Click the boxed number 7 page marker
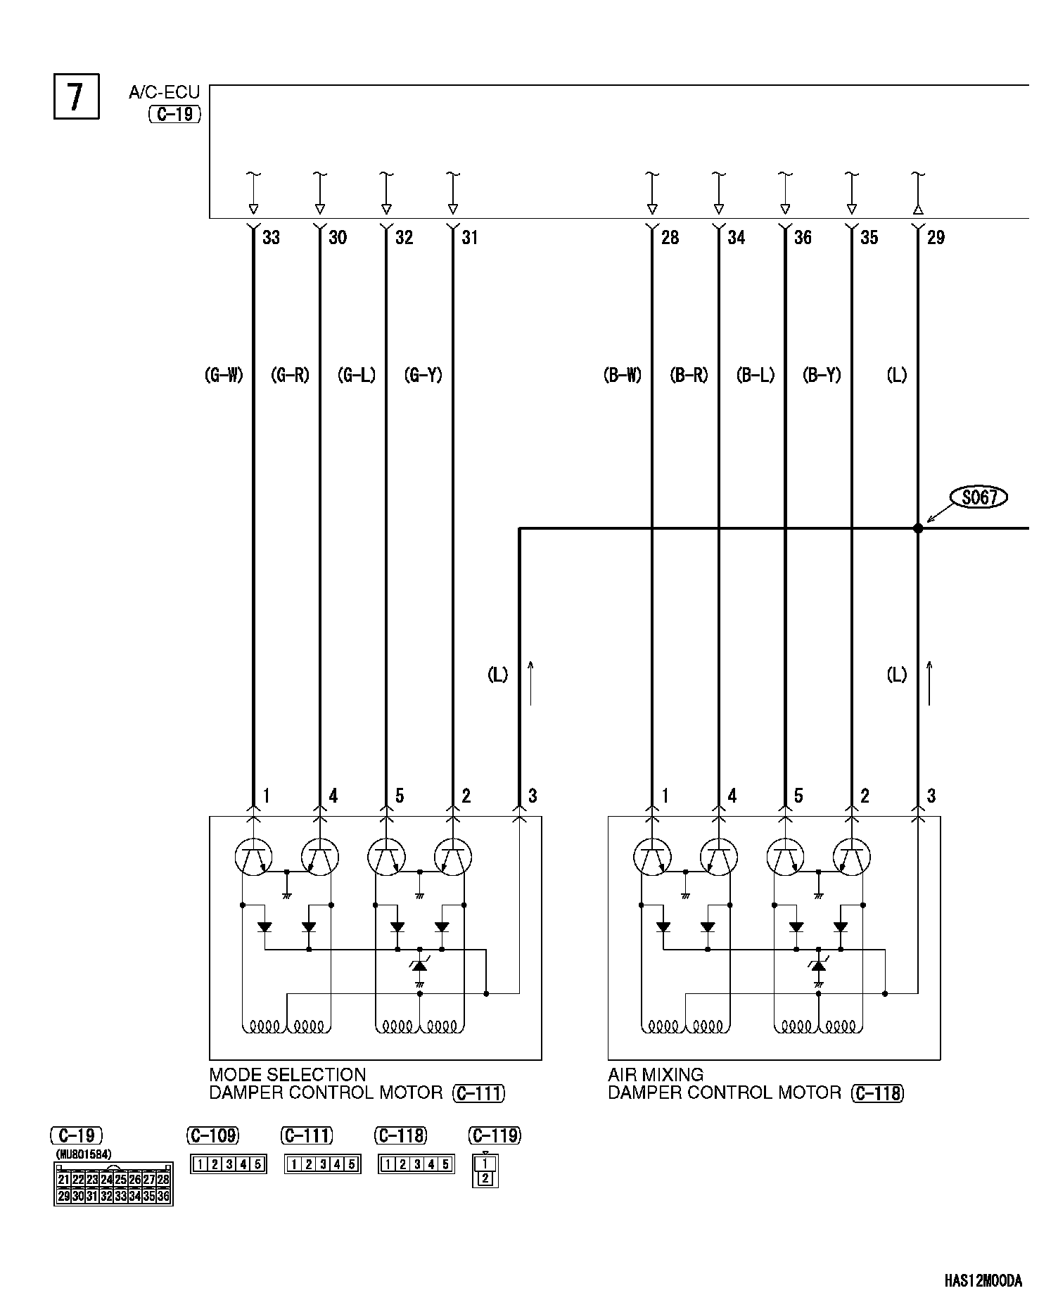point(76,96)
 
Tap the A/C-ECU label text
point(164,92)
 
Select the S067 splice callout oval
point(979,498)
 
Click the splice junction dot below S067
point(918,528)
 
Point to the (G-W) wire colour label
point(224,376)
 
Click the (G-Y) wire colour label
point(423,376)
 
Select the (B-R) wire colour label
point(689,376)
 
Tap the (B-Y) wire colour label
point(822,376)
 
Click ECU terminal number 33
point(271,238)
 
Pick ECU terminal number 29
point(936,238)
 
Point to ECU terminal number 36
point(803,238)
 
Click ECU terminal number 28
point(670,238)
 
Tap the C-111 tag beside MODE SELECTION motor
point(479,1093)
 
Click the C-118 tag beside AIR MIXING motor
point(877,1093)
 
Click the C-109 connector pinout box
point(228,1164)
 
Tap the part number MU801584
point(84,1154)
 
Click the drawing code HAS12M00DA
point(983,1280)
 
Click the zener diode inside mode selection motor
point(420,967)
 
